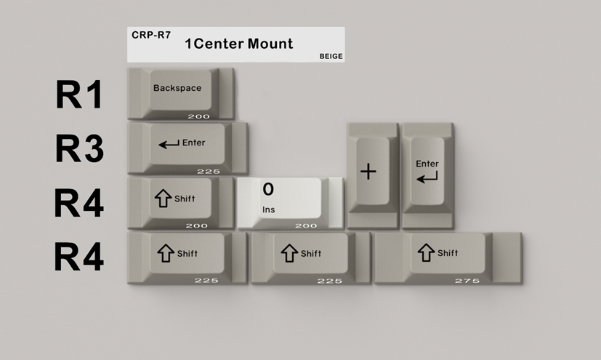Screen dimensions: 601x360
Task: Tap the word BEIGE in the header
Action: click(331, 56)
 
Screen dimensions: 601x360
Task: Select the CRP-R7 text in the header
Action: click(151, 34)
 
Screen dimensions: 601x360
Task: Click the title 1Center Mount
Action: click(238, 44)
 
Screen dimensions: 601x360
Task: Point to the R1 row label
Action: click(79, 95)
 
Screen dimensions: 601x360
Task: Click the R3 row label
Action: click(79, 149)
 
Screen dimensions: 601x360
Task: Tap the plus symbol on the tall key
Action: click(369, 172)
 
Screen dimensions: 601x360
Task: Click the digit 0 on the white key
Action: click(268, 190)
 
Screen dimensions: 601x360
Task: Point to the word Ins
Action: click(269, 209)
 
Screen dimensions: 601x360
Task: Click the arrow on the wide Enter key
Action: click(169, 144)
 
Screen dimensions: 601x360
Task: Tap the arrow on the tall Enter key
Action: click(427, 177)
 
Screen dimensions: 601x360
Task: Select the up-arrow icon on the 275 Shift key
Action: click(425, 252)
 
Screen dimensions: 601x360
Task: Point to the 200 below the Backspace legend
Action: click(198, 116)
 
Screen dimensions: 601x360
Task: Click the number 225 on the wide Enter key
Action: click(208, 171)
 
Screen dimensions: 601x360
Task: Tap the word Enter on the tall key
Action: click(427, 164)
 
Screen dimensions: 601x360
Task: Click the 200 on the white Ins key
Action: click(306, 225)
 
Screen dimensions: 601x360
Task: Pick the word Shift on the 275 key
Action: click(448, 253)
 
